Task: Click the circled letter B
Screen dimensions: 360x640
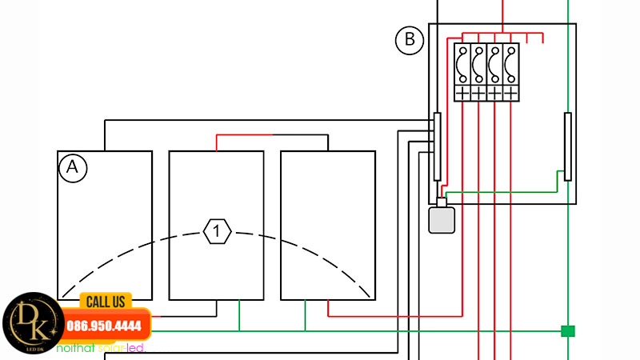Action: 410,40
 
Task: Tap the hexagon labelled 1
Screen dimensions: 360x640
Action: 218,232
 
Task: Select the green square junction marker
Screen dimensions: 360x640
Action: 568,330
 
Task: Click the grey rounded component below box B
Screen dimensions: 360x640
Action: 441,220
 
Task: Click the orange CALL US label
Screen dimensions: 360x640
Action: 106,301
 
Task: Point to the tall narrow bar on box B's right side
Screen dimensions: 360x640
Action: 568,146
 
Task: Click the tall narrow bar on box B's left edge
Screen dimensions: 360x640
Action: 437,146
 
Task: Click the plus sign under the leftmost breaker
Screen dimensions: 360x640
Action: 462,94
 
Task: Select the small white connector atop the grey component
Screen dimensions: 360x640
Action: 441,202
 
